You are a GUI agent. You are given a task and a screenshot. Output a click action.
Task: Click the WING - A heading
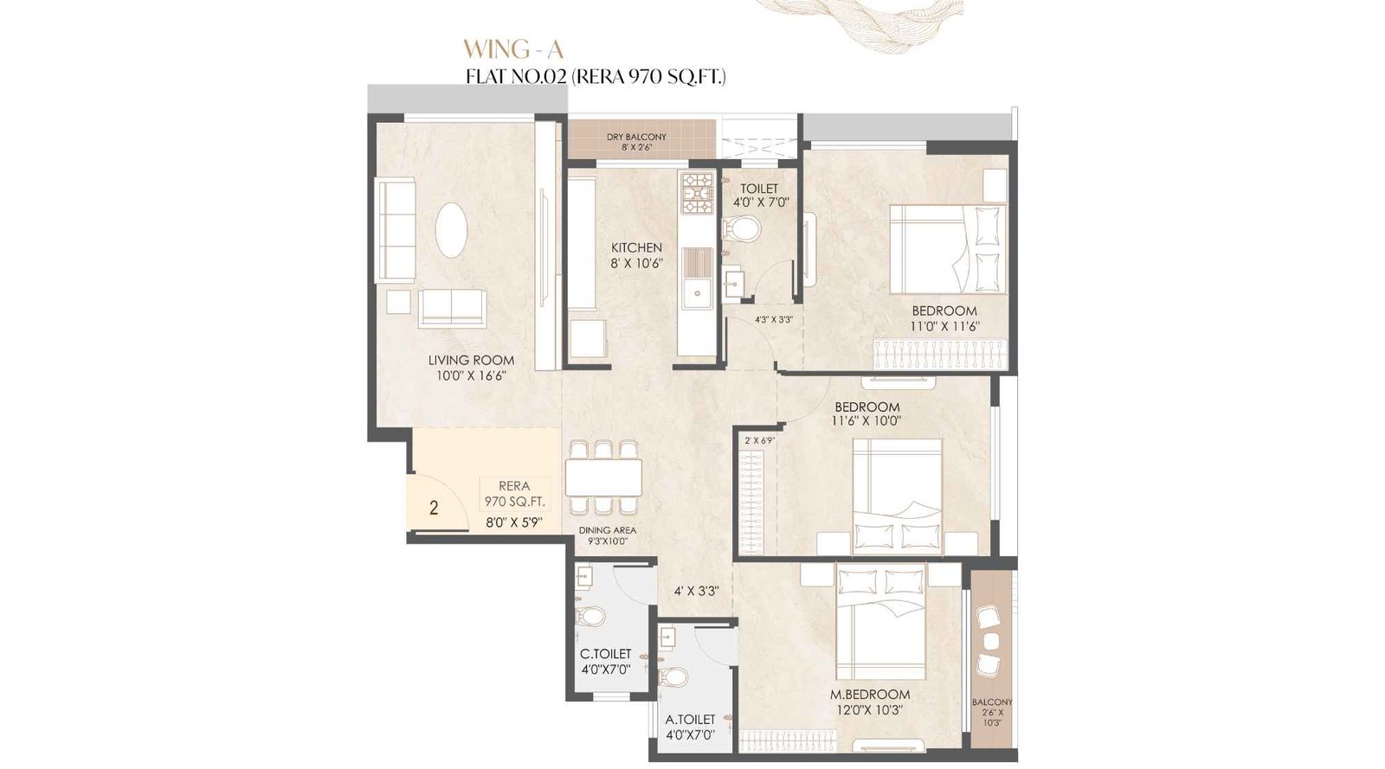512,48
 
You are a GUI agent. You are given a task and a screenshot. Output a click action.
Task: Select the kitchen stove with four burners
697,194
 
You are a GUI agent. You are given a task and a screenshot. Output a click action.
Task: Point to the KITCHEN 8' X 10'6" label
636,255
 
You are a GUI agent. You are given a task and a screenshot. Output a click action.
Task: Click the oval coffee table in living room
451,229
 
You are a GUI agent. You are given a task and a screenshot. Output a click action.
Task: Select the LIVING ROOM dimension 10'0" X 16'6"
471,375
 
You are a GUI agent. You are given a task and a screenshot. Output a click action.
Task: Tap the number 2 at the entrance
434,508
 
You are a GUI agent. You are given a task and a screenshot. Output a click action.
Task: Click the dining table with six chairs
603,477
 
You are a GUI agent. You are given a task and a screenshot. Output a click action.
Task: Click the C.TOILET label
605,655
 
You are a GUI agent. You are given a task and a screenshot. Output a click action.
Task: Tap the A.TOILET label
690,720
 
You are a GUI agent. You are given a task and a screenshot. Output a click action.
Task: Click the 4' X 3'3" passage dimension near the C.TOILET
697,592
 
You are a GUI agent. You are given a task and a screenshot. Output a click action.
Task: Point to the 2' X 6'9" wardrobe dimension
758,440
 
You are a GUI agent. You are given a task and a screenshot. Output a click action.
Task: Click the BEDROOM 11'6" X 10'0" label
866,413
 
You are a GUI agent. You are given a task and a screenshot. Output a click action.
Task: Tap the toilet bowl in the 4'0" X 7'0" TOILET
743,229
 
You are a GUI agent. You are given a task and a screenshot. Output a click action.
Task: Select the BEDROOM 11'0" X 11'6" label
944,318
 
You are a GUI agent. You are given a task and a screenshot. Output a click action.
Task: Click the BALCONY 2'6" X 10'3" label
991,712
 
